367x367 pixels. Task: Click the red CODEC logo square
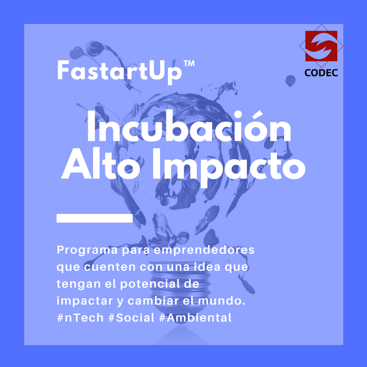click(x=321, y=46)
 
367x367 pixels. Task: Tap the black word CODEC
click(x=321, y=73)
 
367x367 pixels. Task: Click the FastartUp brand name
click(x=120, y=72)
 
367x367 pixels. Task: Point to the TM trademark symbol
click(x=189, y=63)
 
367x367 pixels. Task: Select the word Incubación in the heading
click(x=189, y=126)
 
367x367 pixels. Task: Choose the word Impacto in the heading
click(x=229, y=167)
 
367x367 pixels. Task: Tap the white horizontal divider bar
click(x=95, y=218)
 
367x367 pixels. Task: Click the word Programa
click(x=87, y=250)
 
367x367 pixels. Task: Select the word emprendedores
click(x=204, y=250)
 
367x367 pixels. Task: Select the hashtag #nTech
click(x=80, y=318)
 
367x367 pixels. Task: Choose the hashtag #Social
click(x=132, y=318)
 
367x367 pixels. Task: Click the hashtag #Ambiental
click(x=195, y=318)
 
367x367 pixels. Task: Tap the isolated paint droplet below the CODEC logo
click(x=290, y=81)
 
